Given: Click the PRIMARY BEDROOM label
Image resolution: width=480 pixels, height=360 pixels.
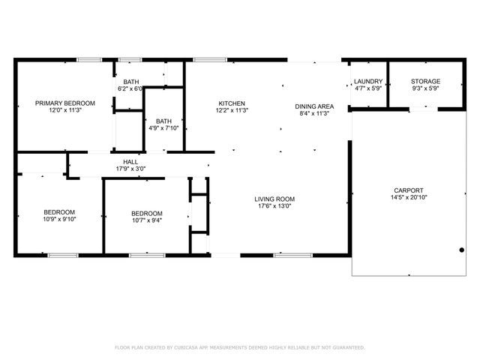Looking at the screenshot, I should click(65, 103).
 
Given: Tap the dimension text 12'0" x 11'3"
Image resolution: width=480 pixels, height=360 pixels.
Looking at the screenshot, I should click(65, 110).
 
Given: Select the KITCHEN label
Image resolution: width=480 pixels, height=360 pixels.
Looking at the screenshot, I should click(232, 103).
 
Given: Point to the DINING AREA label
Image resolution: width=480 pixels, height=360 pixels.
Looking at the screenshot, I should click(314, 106).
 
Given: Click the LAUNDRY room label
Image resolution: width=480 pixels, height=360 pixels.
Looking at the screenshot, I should click(368, 81).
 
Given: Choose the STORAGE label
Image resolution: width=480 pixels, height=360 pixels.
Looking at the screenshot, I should click(425, 81).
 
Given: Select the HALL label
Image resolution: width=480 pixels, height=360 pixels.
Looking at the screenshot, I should click(130, 161).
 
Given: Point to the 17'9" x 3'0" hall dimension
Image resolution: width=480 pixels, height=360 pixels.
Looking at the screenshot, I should click(130, 169).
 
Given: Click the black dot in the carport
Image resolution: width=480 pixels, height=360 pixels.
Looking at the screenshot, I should click(462, 250).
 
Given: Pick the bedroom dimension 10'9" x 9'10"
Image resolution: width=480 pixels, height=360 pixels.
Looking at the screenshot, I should click(58, 220).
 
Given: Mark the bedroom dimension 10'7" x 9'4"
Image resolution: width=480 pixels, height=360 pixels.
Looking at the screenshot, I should click(146, 220).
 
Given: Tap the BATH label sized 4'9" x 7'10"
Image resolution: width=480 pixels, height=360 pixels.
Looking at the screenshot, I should click(163, 121).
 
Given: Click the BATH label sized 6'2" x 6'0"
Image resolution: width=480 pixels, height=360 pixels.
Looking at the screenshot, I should click(131, 82).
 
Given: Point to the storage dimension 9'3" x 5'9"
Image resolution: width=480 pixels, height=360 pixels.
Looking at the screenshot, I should click(425, 88).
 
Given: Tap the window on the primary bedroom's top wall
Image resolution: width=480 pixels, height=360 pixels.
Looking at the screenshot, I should click(90, 60).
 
